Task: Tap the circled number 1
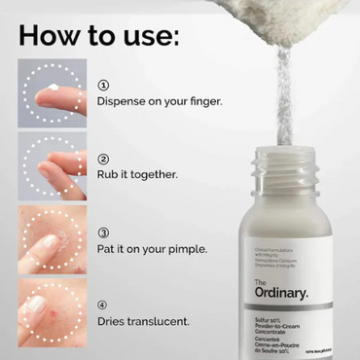coord(103,86)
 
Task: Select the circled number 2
coord(103,159)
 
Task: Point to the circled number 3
coord(103,234)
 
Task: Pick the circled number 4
coord(103,305)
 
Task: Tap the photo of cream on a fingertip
coord(52,93)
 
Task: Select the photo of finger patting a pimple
coord(52,239)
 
